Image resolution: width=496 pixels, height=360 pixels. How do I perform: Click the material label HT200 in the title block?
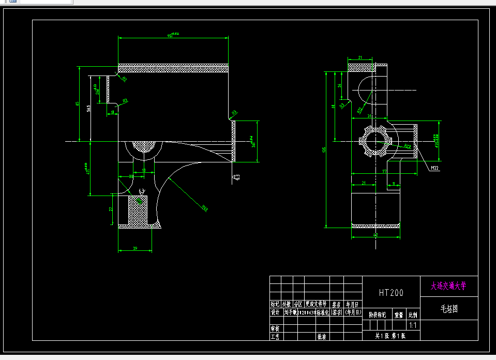tap(391, 293)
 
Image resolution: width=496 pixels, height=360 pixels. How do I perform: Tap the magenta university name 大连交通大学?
tap(448, 285)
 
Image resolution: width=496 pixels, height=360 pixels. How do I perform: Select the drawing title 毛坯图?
tap(448, 309)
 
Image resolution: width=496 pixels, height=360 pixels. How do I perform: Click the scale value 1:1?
tap(413, 326)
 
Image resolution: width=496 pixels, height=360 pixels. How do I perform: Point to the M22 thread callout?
tap(434, 168)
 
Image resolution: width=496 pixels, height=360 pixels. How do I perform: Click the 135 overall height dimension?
tap(324, 149)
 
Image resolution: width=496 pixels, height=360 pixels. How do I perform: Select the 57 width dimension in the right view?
tap(384, 171)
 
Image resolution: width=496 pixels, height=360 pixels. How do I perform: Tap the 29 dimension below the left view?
tap(135, 249)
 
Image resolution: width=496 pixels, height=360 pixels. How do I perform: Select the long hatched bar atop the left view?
tap(173, 68)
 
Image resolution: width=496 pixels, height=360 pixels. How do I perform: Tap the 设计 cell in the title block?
tap(275, 312)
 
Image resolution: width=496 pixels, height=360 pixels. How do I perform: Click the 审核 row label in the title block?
tap(275, 328)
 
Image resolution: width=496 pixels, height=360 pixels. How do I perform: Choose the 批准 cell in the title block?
tap(321, 336)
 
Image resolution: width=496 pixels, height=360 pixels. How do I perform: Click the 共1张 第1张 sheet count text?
tap(390, 336)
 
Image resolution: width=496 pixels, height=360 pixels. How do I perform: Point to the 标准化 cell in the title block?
tap(323, 312)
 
